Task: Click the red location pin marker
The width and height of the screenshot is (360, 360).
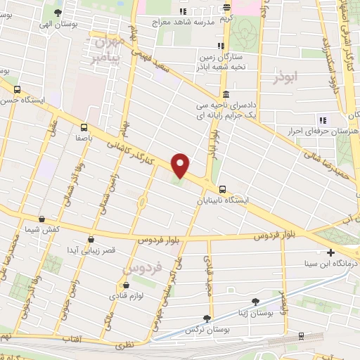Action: click(181, 165)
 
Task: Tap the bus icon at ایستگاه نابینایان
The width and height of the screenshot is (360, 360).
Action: click(222, 188)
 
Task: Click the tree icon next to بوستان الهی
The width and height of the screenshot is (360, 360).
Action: click(58, 12)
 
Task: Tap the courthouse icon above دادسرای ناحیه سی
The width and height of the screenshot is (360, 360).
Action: click(224, 95)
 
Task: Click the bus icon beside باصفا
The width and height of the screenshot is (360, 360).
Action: click(84, 127)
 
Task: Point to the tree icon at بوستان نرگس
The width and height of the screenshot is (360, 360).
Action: click(207, 318)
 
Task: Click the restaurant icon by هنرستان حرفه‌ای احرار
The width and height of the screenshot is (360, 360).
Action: click(323, 118)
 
